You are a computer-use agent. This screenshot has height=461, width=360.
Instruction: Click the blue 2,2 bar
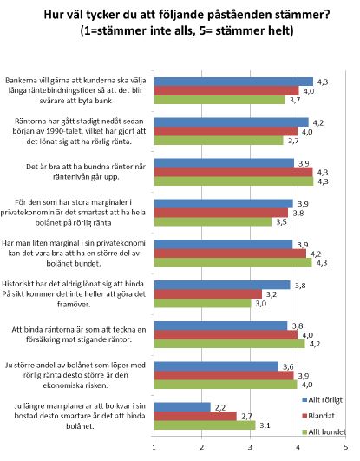click(182, 407)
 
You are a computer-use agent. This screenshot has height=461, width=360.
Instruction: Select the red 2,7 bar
click(195, 417)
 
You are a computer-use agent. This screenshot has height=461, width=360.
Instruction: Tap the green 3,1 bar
click(205, 425)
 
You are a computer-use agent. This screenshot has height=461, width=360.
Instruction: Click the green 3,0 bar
click(202, 303)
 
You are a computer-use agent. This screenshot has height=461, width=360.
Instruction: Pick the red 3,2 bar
click(208, 294)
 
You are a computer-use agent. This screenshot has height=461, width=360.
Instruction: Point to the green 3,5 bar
click(213, 221)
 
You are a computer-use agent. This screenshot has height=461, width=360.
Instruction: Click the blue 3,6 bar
click(216, 366)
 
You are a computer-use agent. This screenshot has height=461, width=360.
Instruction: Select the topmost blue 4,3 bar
click(233, 82)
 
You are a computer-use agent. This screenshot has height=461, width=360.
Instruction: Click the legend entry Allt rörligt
click(323, 400)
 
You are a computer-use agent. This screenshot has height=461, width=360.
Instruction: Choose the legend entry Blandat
click(318, 416)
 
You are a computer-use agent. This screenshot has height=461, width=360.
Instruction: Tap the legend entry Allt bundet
click(324, 431)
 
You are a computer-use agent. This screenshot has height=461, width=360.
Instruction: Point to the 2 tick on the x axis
click(202, 447)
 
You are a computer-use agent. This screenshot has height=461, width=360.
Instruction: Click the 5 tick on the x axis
click(346, 447)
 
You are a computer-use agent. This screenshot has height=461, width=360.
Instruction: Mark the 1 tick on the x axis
click(154, 447)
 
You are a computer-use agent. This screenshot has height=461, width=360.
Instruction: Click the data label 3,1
click(265, 425)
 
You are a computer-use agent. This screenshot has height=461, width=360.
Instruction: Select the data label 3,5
click(281, 222)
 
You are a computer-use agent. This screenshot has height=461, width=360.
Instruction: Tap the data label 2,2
click(220, 407)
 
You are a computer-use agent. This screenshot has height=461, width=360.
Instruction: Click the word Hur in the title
click(53, 14)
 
